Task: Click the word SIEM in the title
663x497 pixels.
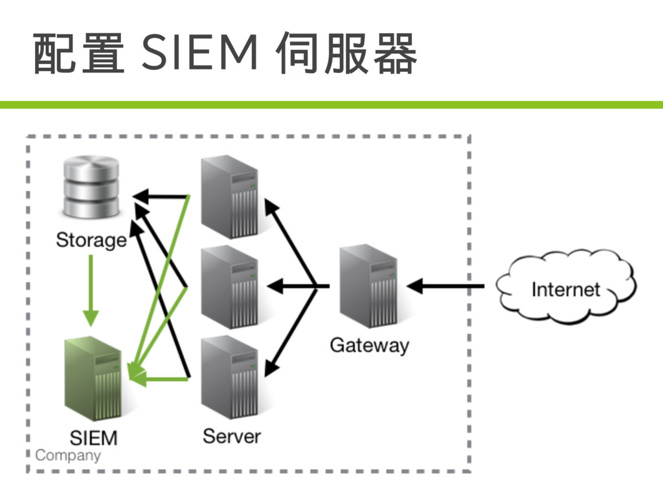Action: [199, 52]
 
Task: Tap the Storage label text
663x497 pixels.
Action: [91, 240]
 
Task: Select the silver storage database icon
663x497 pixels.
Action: [91, 187]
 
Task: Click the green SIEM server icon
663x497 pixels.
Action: [93, 378]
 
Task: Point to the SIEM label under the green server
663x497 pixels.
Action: [93, 438]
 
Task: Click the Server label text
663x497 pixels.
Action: [232, 436]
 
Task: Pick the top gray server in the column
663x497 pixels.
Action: [230, 197]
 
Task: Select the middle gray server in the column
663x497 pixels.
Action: [230, 287]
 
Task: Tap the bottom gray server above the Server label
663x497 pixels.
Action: [230, 377]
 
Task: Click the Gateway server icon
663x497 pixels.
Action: [368, 286]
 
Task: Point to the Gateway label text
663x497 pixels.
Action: [370, 346]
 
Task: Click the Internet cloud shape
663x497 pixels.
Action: [566, 287]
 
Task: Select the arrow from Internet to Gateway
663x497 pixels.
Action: [445, 286]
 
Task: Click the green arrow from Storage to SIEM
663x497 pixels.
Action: [91, 291]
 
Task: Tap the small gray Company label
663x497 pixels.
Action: [68, 456]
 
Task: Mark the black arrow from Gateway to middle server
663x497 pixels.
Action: [298, 287]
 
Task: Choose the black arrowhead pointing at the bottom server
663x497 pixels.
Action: [271, 366]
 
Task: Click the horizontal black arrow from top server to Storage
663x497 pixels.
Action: [161, 196]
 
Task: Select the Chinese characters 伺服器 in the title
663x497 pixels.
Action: [346, 53]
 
